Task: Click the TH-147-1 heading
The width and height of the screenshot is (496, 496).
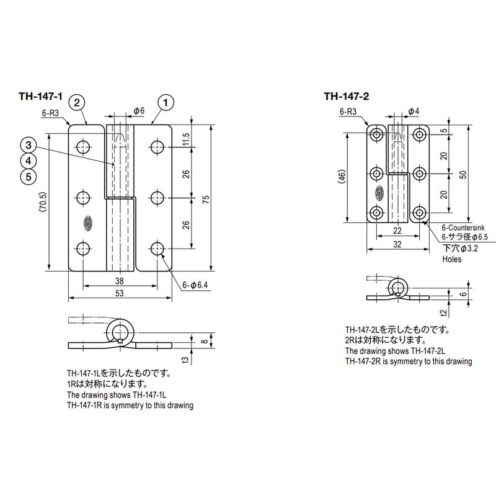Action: [40, 96]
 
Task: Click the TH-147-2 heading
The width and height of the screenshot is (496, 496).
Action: [347, 96]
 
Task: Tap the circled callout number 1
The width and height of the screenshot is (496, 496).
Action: [166, 102]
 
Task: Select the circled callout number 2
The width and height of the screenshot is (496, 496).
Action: [77, 102]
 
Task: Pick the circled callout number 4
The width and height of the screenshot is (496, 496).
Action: [29, 161]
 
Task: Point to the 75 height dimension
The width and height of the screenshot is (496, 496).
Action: [206, 199]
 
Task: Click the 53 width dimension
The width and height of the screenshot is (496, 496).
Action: [119, 293]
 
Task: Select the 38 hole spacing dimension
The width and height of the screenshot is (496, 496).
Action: [119, 281]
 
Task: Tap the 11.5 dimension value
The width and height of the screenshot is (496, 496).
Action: [186, 138]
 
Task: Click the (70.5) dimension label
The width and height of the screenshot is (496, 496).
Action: [43, 201]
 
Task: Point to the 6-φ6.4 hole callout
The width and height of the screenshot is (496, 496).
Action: [195, 285]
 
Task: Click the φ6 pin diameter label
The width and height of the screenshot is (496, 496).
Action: [139, 111]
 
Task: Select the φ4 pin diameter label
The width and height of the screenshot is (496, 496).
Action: [414, 111]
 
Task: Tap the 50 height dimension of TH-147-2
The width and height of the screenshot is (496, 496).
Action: [463, 175]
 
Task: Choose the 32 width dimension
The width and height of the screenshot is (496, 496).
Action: [397, 244]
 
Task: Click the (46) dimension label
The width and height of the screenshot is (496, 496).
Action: [343, 176]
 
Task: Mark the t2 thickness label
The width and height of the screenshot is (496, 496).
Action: [444, 313]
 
